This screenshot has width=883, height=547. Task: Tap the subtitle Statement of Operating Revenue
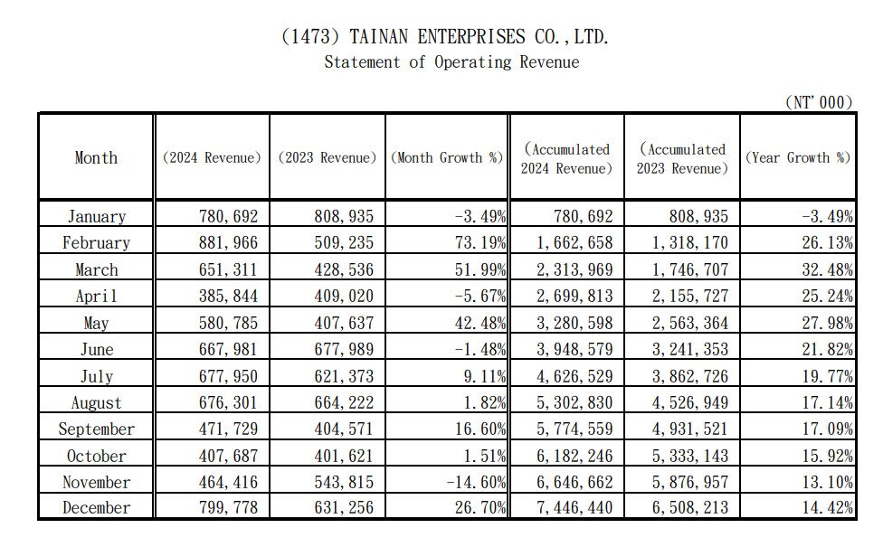[451, 61]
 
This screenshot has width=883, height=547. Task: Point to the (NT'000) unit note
[819, 102]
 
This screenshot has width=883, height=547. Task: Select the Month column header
[96, 157]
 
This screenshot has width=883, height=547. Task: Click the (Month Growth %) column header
[447, 157]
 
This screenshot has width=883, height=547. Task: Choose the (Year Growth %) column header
[798, 157]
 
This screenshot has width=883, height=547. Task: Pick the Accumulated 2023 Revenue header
[682, 159]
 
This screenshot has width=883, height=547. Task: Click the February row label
[96, 242]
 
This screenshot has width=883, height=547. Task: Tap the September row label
[96, 429]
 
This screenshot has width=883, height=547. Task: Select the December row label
[96, 507]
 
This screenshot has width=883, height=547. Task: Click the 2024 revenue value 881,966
[228, 242]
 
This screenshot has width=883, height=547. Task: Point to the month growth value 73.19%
[480, 242]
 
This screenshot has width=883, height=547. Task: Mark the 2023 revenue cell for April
[344, 296]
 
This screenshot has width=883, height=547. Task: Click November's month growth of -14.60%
[476, 482]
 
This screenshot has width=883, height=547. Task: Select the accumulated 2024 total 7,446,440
[574, 507]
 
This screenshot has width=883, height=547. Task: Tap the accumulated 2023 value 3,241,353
[690, 349]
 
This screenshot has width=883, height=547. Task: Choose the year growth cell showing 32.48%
[827, 269]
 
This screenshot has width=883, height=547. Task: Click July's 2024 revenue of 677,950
[228, 376]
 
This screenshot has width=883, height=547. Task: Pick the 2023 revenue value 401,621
[344, 456]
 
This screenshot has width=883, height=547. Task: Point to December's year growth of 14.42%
[827, 507]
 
